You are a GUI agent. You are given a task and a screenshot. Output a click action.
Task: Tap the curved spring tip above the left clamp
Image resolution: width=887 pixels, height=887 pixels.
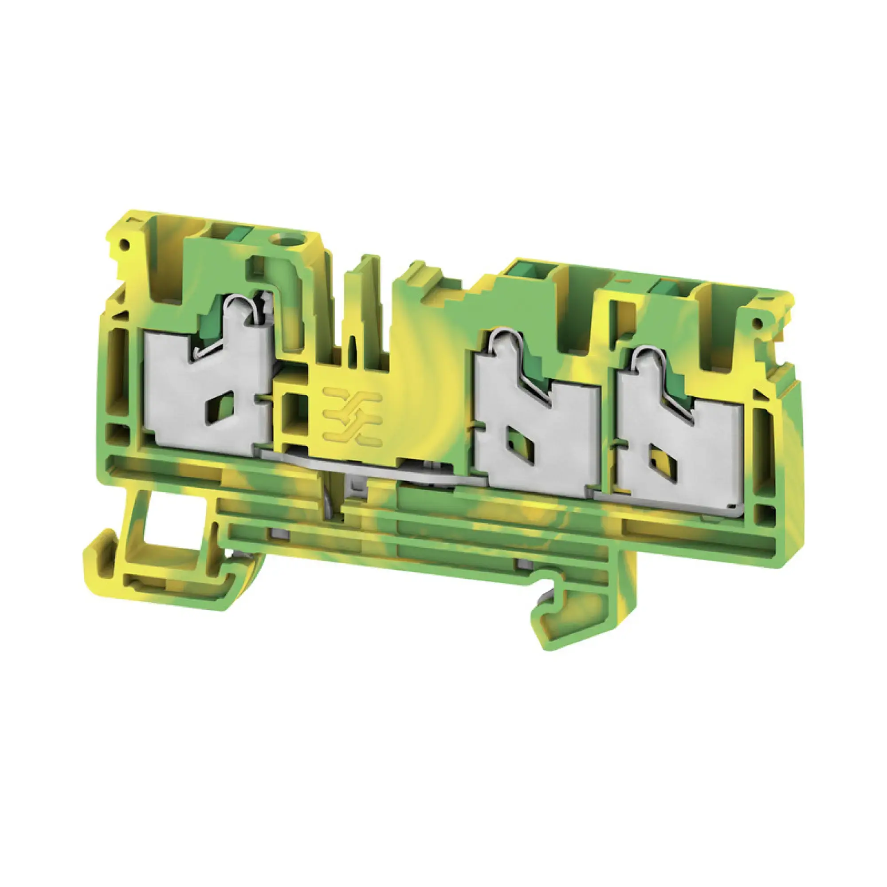248,303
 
